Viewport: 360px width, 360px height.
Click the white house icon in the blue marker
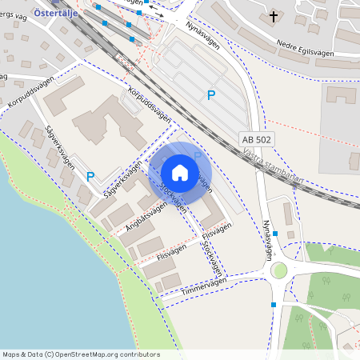click(180, 173)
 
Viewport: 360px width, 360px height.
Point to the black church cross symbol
click(274, 15)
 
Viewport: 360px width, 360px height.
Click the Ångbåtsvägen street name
click(146, 216)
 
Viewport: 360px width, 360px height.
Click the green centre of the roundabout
click(278, 270)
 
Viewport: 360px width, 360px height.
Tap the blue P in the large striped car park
click(211, 95)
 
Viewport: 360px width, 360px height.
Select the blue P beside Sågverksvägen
click(90, 177)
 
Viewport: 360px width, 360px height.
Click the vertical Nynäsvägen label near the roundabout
click(269, 238)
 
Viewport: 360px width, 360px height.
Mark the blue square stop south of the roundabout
click(274, 305)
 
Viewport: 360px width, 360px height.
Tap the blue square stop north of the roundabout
click(275, 234)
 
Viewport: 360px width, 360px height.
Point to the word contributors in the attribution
click(140, 354)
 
